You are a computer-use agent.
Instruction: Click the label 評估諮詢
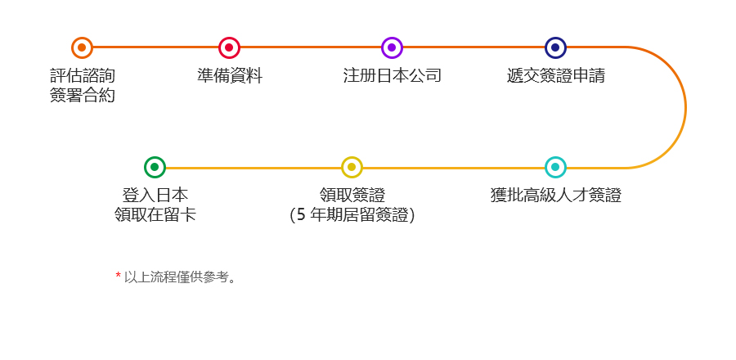(82, 75)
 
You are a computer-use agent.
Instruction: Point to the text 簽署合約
(82, 96)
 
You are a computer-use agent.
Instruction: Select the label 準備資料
(230, 75)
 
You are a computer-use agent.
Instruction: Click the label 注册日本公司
(392, 75)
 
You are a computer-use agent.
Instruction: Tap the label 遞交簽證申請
(556, 75)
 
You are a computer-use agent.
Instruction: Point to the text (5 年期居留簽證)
(352, 215)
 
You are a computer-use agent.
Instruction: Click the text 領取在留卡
(155, 215)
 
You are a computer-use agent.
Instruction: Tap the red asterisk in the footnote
(119, 276)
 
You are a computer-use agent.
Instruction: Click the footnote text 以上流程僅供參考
(180, 277)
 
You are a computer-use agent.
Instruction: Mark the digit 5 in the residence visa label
(301, 215)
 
